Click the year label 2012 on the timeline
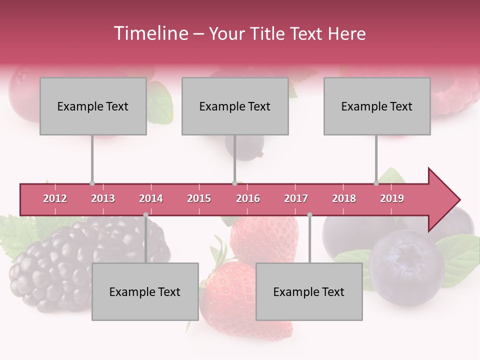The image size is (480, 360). (55, 198)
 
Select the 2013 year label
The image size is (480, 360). (103, 198)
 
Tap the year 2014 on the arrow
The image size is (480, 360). (151, 198)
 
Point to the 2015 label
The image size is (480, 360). (199, 198)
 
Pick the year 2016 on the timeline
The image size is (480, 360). (248, 198)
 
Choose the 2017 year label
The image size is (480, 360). (296, 198)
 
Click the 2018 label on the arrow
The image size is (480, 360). (344, 198)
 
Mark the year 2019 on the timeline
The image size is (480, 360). (392, 198)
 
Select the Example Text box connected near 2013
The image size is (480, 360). (93, 106)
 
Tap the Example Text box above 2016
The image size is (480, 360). (235, 106)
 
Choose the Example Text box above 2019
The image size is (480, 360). (377, 106)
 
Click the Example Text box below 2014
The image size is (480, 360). (145, 291)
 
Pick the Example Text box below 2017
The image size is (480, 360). (309, 291)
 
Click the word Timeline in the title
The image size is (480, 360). (150, 33)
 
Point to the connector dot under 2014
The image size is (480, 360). (145, 214)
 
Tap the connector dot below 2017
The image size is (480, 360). (309, 214)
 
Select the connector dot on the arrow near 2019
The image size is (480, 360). (376, 183)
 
